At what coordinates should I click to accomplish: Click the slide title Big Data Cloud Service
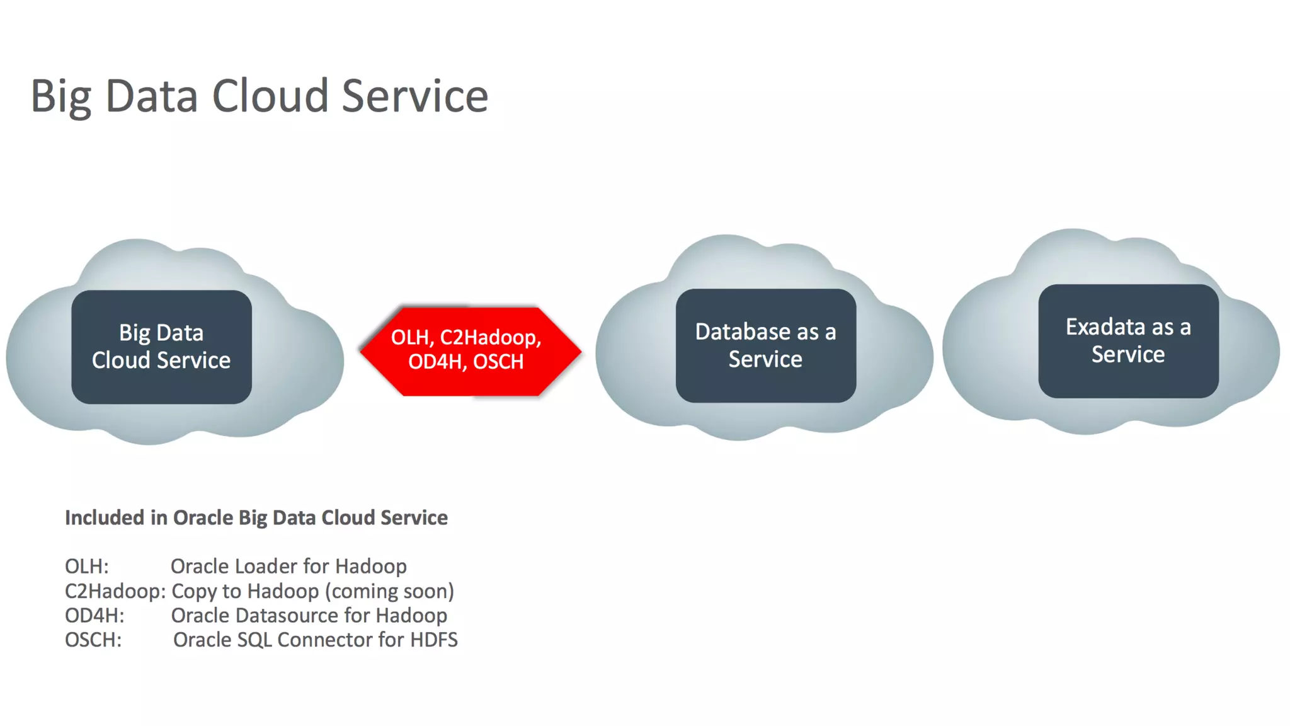(259, 96)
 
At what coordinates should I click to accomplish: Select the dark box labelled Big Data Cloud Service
(161, 347)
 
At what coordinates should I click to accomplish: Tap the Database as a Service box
(765, 345)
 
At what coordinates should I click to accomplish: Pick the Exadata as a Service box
(1128, 341)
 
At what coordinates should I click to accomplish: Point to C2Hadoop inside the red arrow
(488, 338)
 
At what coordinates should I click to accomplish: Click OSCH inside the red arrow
(498, 362)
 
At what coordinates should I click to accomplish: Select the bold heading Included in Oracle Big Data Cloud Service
(256, 517)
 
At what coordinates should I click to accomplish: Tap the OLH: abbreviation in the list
(87, 566)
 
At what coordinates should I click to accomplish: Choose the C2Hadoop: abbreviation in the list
(115, 591)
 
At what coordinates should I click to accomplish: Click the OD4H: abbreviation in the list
(94, 615)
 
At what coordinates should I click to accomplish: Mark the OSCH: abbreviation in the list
(93, 640)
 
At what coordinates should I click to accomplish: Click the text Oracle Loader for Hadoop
(288, 566)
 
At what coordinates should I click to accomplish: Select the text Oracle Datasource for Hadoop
(309, 615)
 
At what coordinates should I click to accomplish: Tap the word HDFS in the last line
(434, 640)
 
